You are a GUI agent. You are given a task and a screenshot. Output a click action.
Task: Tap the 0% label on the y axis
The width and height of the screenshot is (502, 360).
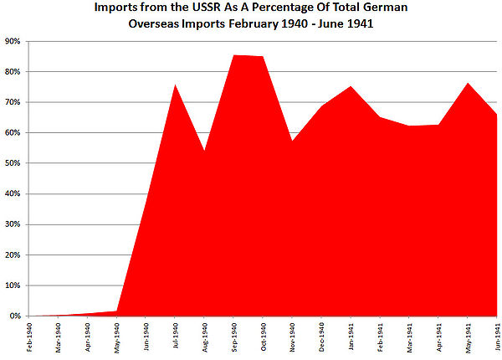click(x=14, y=316)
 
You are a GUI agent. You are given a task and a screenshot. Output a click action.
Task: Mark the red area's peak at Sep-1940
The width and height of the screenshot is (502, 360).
click(x=234, y=55)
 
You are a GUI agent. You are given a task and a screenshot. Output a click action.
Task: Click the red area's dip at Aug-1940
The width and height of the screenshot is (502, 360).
click(x=205, y=151)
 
